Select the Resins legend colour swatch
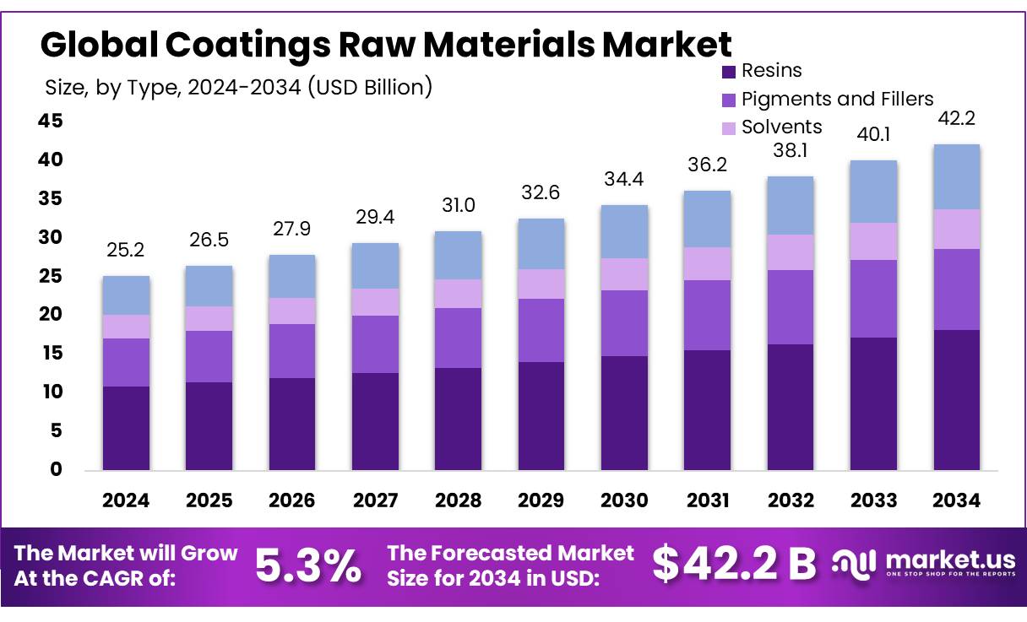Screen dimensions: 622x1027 tap(727, 72)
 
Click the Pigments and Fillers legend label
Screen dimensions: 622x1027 tap(837, 99)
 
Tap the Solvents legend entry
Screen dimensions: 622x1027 tap(781, 127)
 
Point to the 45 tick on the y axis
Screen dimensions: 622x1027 tap(51, 122)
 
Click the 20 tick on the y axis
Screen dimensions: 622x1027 tap(51, 315)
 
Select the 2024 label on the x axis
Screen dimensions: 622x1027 tap(126, 500)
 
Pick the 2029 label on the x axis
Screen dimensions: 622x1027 tap(541, 500)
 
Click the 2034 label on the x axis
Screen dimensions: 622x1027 tap(957, 500)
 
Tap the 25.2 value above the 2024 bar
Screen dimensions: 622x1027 tap(126, 251)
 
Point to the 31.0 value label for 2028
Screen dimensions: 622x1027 tap(459, 206)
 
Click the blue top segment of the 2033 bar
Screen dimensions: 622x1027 tap(873, 192)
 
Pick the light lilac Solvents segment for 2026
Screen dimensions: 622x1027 tap(292, 311)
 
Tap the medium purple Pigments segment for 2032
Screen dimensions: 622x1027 tap(791, 307)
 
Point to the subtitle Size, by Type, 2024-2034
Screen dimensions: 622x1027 tap(237, 86)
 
